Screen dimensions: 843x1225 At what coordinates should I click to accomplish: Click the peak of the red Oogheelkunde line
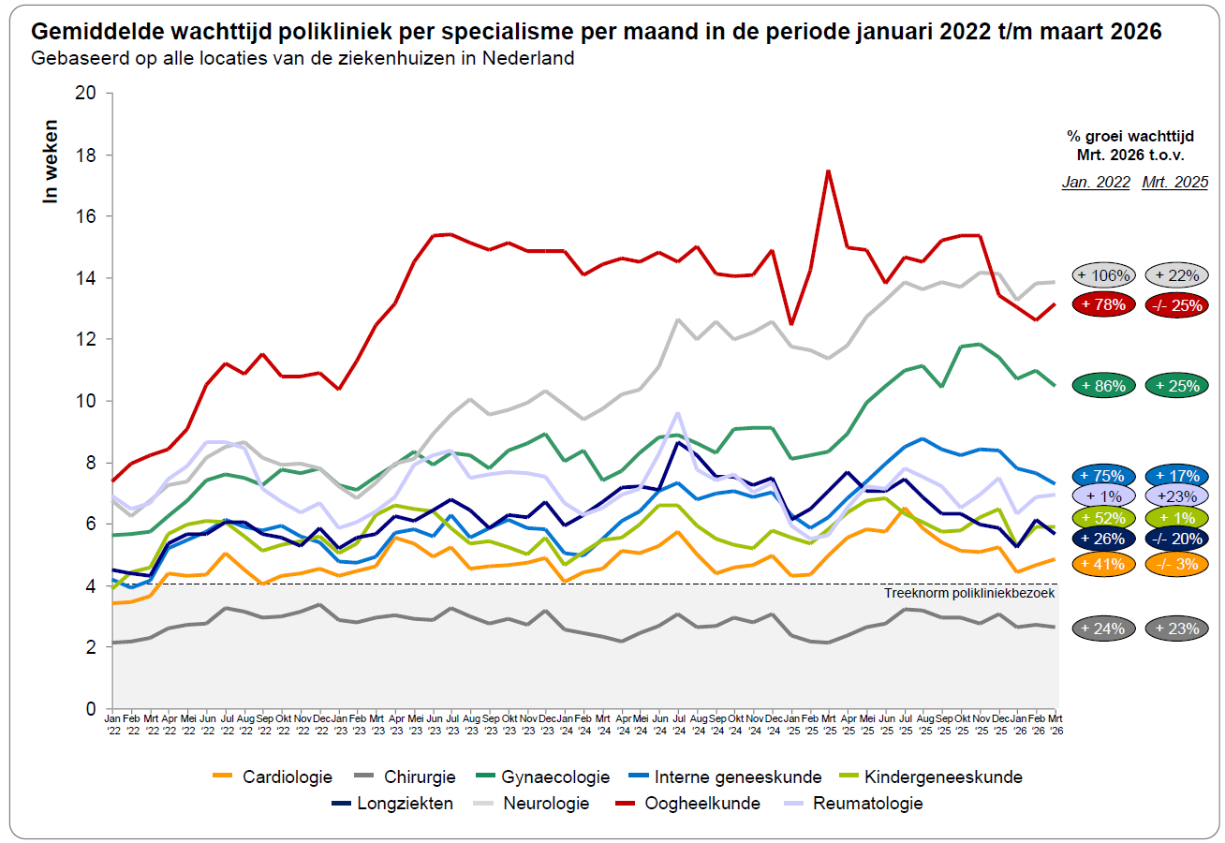[828, 170]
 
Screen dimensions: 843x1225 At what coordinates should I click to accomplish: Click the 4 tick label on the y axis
[91, 586]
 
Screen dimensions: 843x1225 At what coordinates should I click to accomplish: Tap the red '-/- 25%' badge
[1175, 304]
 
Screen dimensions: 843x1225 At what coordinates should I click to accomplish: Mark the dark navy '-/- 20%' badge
[1175, 539]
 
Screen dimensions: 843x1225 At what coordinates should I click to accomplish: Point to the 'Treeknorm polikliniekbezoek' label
[969, 594]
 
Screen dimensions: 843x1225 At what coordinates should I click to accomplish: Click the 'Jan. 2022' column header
[1096, 183]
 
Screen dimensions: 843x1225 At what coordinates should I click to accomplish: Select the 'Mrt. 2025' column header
[1174, 183]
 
